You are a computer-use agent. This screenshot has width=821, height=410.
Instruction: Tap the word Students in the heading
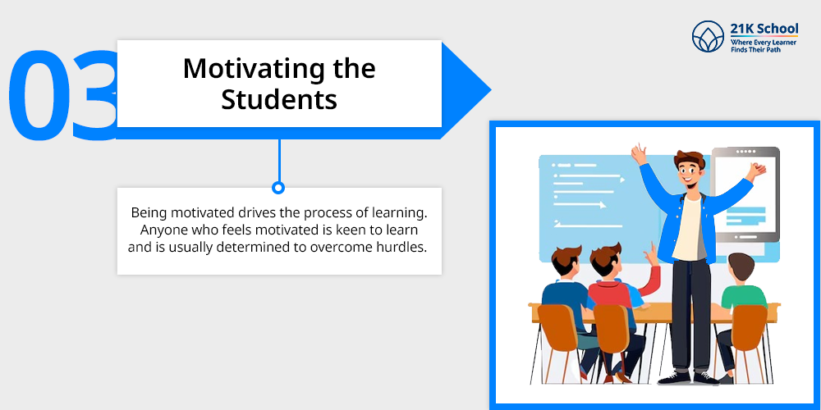279,99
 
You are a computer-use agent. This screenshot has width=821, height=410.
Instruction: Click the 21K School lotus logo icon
708,36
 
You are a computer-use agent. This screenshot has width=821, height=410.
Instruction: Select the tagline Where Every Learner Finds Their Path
764,45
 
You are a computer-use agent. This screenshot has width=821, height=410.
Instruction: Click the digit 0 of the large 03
39,94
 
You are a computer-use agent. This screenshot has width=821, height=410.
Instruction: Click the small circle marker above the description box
278,187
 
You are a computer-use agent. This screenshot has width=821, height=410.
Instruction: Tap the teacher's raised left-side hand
638,154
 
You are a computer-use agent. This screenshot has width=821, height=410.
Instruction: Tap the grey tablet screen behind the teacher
745,194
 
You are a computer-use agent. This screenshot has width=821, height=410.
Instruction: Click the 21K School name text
764,28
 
